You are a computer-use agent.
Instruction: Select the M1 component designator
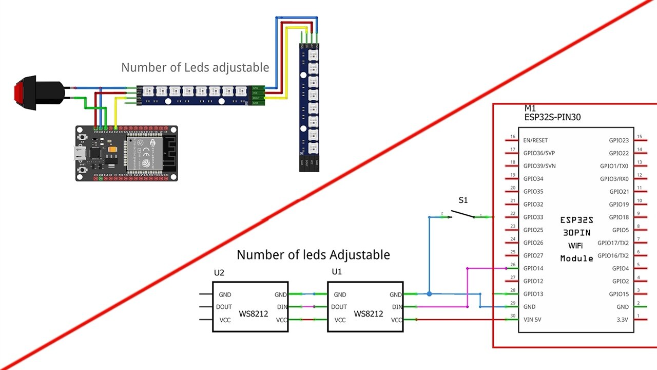coord(531,109)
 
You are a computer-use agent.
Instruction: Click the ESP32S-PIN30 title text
coord(552,118)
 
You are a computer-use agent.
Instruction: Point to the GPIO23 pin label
coord(619,140)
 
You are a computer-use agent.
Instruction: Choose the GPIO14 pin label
coord(533,268)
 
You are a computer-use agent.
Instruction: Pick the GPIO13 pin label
coord(533,294)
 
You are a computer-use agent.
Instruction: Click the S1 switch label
coord(463,200)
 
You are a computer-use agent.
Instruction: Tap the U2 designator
coord(219,273)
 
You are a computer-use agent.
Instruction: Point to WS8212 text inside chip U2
coord(254,313)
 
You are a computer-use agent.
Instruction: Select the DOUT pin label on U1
coord(339,307)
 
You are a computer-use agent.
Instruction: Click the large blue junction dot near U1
coord(429,294)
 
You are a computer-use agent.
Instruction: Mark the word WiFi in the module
coord(575,246)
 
